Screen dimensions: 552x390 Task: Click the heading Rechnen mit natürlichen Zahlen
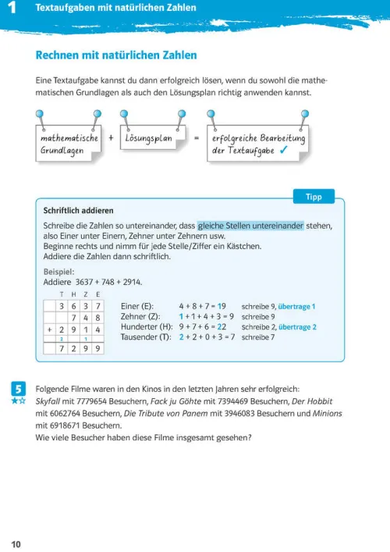[x=116, y=55]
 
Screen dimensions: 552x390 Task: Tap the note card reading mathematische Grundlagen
[x=69, y=144]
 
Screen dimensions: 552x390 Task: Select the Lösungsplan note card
[x=150, y=138]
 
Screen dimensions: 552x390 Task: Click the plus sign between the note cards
[x=111, y=138]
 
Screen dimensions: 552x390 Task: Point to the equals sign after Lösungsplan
[x=197, y=138]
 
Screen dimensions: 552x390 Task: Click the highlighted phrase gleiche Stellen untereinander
[x=250, y=225]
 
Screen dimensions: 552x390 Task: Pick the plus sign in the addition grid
[x=49, y=330]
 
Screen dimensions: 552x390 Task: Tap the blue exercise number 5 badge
[x=19, y=388]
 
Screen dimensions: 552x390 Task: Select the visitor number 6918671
[x=66, y=426]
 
